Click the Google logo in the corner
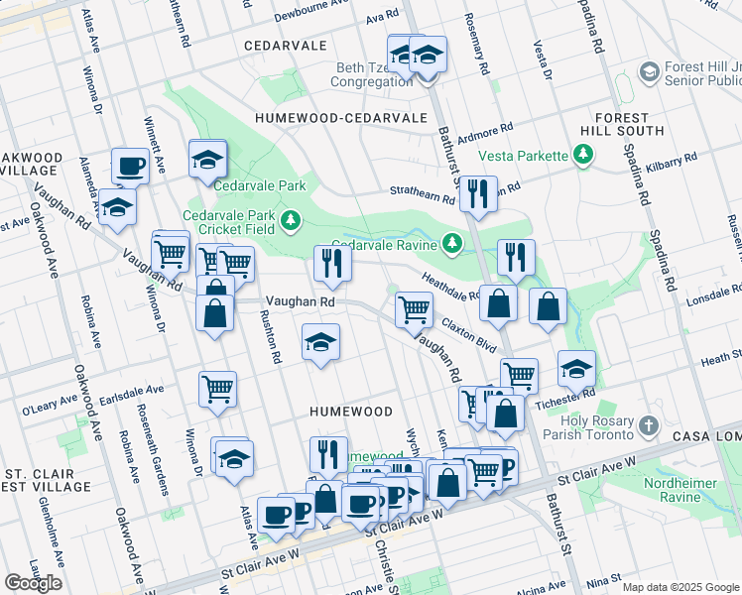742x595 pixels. (x=33, y=583)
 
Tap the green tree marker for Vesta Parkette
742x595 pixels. (x=584, y=155)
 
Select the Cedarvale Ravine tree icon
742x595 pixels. (x=452, y=243)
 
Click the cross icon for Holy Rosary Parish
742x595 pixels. (x=649, y=426)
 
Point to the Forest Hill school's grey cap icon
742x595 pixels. (x=649, y=72)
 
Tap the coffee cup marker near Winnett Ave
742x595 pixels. (x=130, y=166)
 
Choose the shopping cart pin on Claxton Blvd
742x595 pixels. (x=414, y=308)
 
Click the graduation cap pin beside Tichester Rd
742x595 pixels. (x=576, y=369)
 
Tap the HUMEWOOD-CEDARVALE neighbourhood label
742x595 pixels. (x=326, y=117)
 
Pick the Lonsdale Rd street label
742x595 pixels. (x=708, y=297)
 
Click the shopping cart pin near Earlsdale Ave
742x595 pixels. (x=217, y=388)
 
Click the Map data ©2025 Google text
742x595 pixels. (x=680, y=587)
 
